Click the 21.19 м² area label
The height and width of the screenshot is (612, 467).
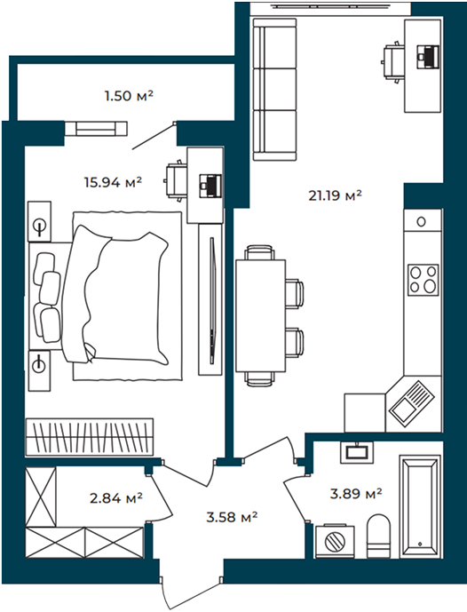point(335,195)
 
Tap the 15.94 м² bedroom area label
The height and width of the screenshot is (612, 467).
point(113,182)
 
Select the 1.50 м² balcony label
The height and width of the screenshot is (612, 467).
point(129,96)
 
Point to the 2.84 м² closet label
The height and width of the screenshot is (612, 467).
point(116,497)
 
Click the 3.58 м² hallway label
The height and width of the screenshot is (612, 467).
point(232,517)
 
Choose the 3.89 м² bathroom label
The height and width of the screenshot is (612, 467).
point(356,494)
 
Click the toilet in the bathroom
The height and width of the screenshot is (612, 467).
point(378,536)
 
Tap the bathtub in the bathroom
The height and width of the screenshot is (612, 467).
point(420,506)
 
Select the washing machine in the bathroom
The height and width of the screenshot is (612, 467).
point(335,541)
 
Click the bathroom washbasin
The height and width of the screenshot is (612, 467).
point(357,452)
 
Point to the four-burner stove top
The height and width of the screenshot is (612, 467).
point(423,280)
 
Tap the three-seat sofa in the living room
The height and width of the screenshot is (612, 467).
point(273,90)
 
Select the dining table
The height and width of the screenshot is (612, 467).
point(261,315)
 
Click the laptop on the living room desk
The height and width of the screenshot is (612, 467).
point(428,56)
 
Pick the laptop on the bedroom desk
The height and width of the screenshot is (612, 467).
point(210,186)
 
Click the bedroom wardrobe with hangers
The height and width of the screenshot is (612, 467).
point(90,437)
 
